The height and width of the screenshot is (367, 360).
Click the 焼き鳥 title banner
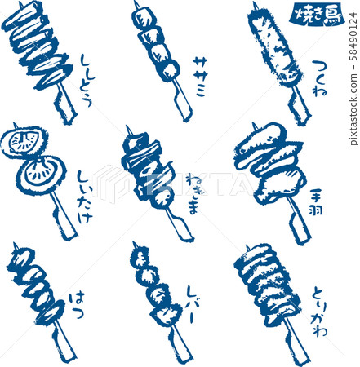[x=317, y=15]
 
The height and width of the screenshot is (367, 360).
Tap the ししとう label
[x=87, y=81]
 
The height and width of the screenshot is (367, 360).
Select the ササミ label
[x=201, y=77]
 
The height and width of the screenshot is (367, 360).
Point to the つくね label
[x=319, y=78]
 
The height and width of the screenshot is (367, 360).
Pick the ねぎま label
[x=195, y=194]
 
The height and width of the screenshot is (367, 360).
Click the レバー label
[x=194, y=304]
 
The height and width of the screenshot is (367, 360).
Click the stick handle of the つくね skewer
[x=299, y=104]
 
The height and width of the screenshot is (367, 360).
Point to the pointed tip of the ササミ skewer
[x=135, y=2]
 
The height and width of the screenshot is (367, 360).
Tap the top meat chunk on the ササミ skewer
[x=144, y=19]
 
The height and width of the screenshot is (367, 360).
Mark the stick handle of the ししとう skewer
[x=64, y=103]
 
